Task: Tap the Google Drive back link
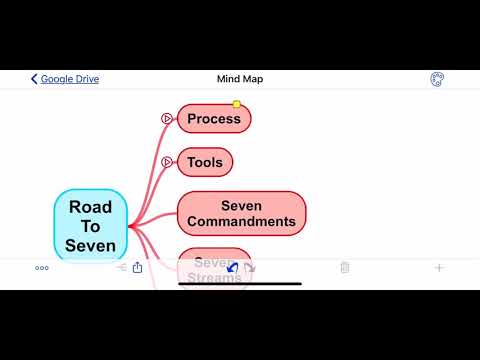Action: [x=70, y=79]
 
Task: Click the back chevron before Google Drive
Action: [x=34, y=79]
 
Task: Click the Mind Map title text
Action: [x=240, y=79]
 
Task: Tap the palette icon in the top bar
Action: [x=437, y=79]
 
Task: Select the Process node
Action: [x=214, y=119]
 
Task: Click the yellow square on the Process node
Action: [x=237, y=104]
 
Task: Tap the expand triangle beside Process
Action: [x=167, y=119]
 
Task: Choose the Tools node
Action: [x=205, y=162]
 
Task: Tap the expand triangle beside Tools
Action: [x=167, y=162]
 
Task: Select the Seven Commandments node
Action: [x=241, y=213]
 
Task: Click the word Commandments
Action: [x=241, y=221]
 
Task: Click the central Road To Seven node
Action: [x=91, y=225]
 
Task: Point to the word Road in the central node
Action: [x=91, y=207]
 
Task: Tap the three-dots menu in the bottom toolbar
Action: [x=42, y=268]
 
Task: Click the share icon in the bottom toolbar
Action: [x=137, y=268]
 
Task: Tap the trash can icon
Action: [x=345, y=268]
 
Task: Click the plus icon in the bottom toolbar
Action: [x=438, y=268]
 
